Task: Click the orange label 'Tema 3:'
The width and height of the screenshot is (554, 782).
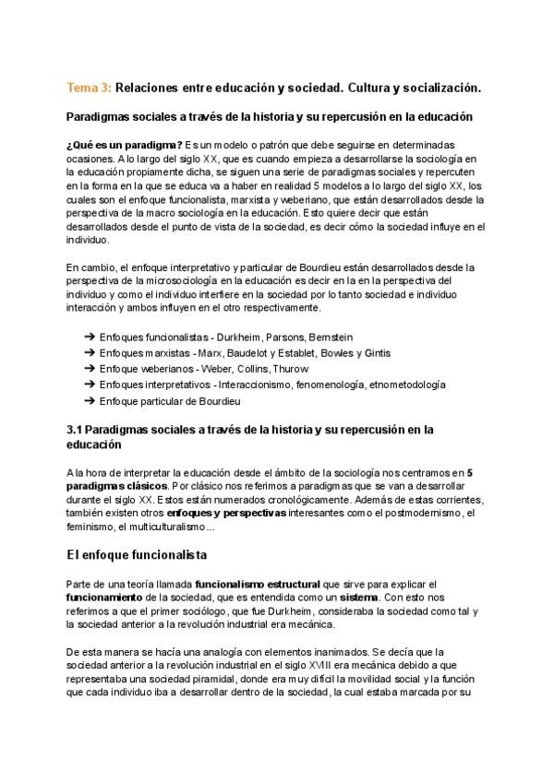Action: click(x=89, y=87)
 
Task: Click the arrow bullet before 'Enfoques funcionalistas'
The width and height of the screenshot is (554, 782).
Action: click(x=90, y=338)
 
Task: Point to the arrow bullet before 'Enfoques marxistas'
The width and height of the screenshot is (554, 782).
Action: click(x=90, y=353)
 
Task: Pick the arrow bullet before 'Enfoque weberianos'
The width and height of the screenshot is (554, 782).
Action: click(x=90, y=369)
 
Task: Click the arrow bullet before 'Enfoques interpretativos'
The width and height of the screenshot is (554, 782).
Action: click(x=90, y=385)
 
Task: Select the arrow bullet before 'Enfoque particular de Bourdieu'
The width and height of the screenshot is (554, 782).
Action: click(x=90, y=400)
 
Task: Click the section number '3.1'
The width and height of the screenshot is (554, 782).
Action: click(x=76, y=429)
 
